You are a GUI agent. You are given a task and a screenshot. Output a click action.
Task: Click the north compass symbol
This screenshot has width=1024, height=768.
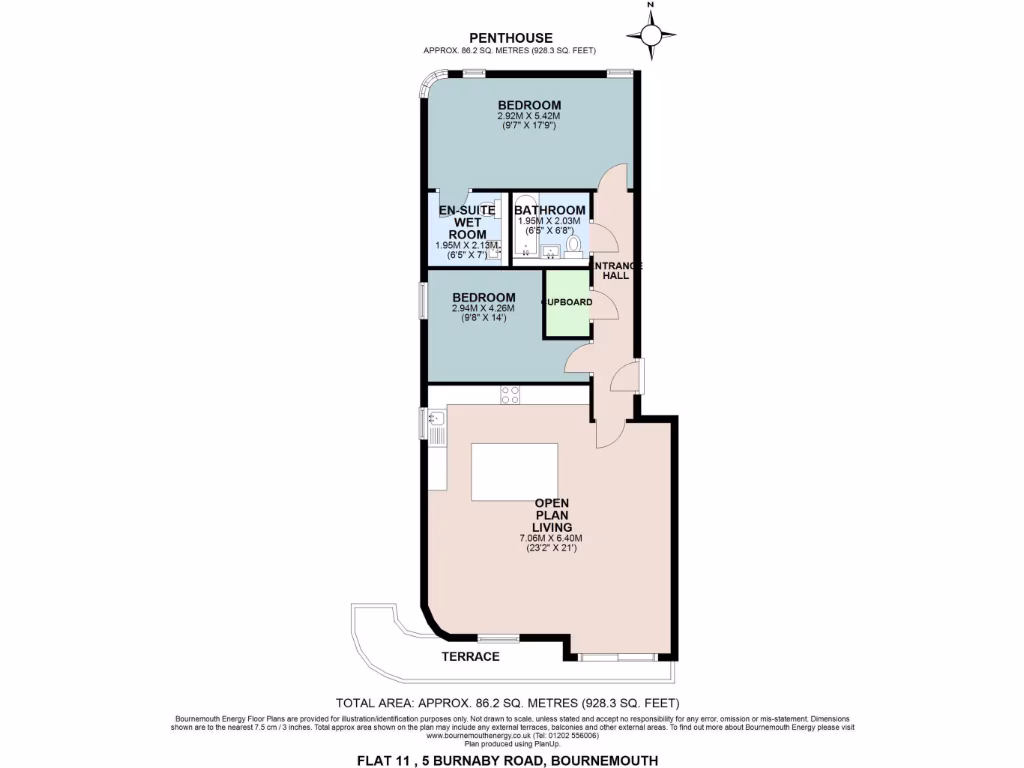click(x=651, y=36)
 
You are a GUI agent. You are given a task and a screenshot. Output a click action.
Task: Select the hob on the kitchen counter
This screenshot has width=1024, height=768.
click(x=509, y=394)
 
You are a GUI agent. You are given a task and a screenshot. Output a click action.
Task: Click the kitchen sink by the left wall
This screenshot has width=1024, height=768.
click(x=438, y=428)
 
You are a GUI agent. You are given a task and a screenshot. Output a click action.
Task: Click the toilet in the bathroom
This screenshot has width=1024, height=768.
click(x=574, y=245)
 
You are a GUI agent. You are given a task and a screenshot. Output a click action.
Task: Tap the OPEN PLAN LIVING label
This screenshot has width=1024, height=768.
click(x=552, y=514)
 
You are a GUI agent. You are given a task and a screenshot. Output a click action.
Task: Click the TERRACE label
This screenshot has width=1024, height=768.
click(x=471, y=657)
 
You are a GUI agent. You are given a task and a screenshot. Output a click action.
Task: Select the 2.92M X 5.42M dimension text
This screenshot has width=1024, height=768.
click(x=530, y=116)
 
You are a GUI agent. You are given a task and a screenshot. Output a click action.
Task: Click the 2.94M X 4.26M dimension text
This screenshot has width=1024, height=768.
click(x=484, y=308)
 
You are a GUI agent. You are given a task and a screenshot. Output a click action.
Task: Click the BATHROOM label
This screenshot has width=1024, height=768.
click(x=549, y=210)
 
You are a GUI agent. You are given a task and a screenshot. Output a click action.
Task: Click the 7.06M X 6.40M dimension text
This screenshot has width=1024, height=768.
click(x=552, y=538)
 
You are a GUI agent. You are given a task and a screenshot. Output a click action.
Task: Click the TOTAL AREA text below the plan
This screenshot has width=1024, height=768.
click(x=511, y=703)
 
